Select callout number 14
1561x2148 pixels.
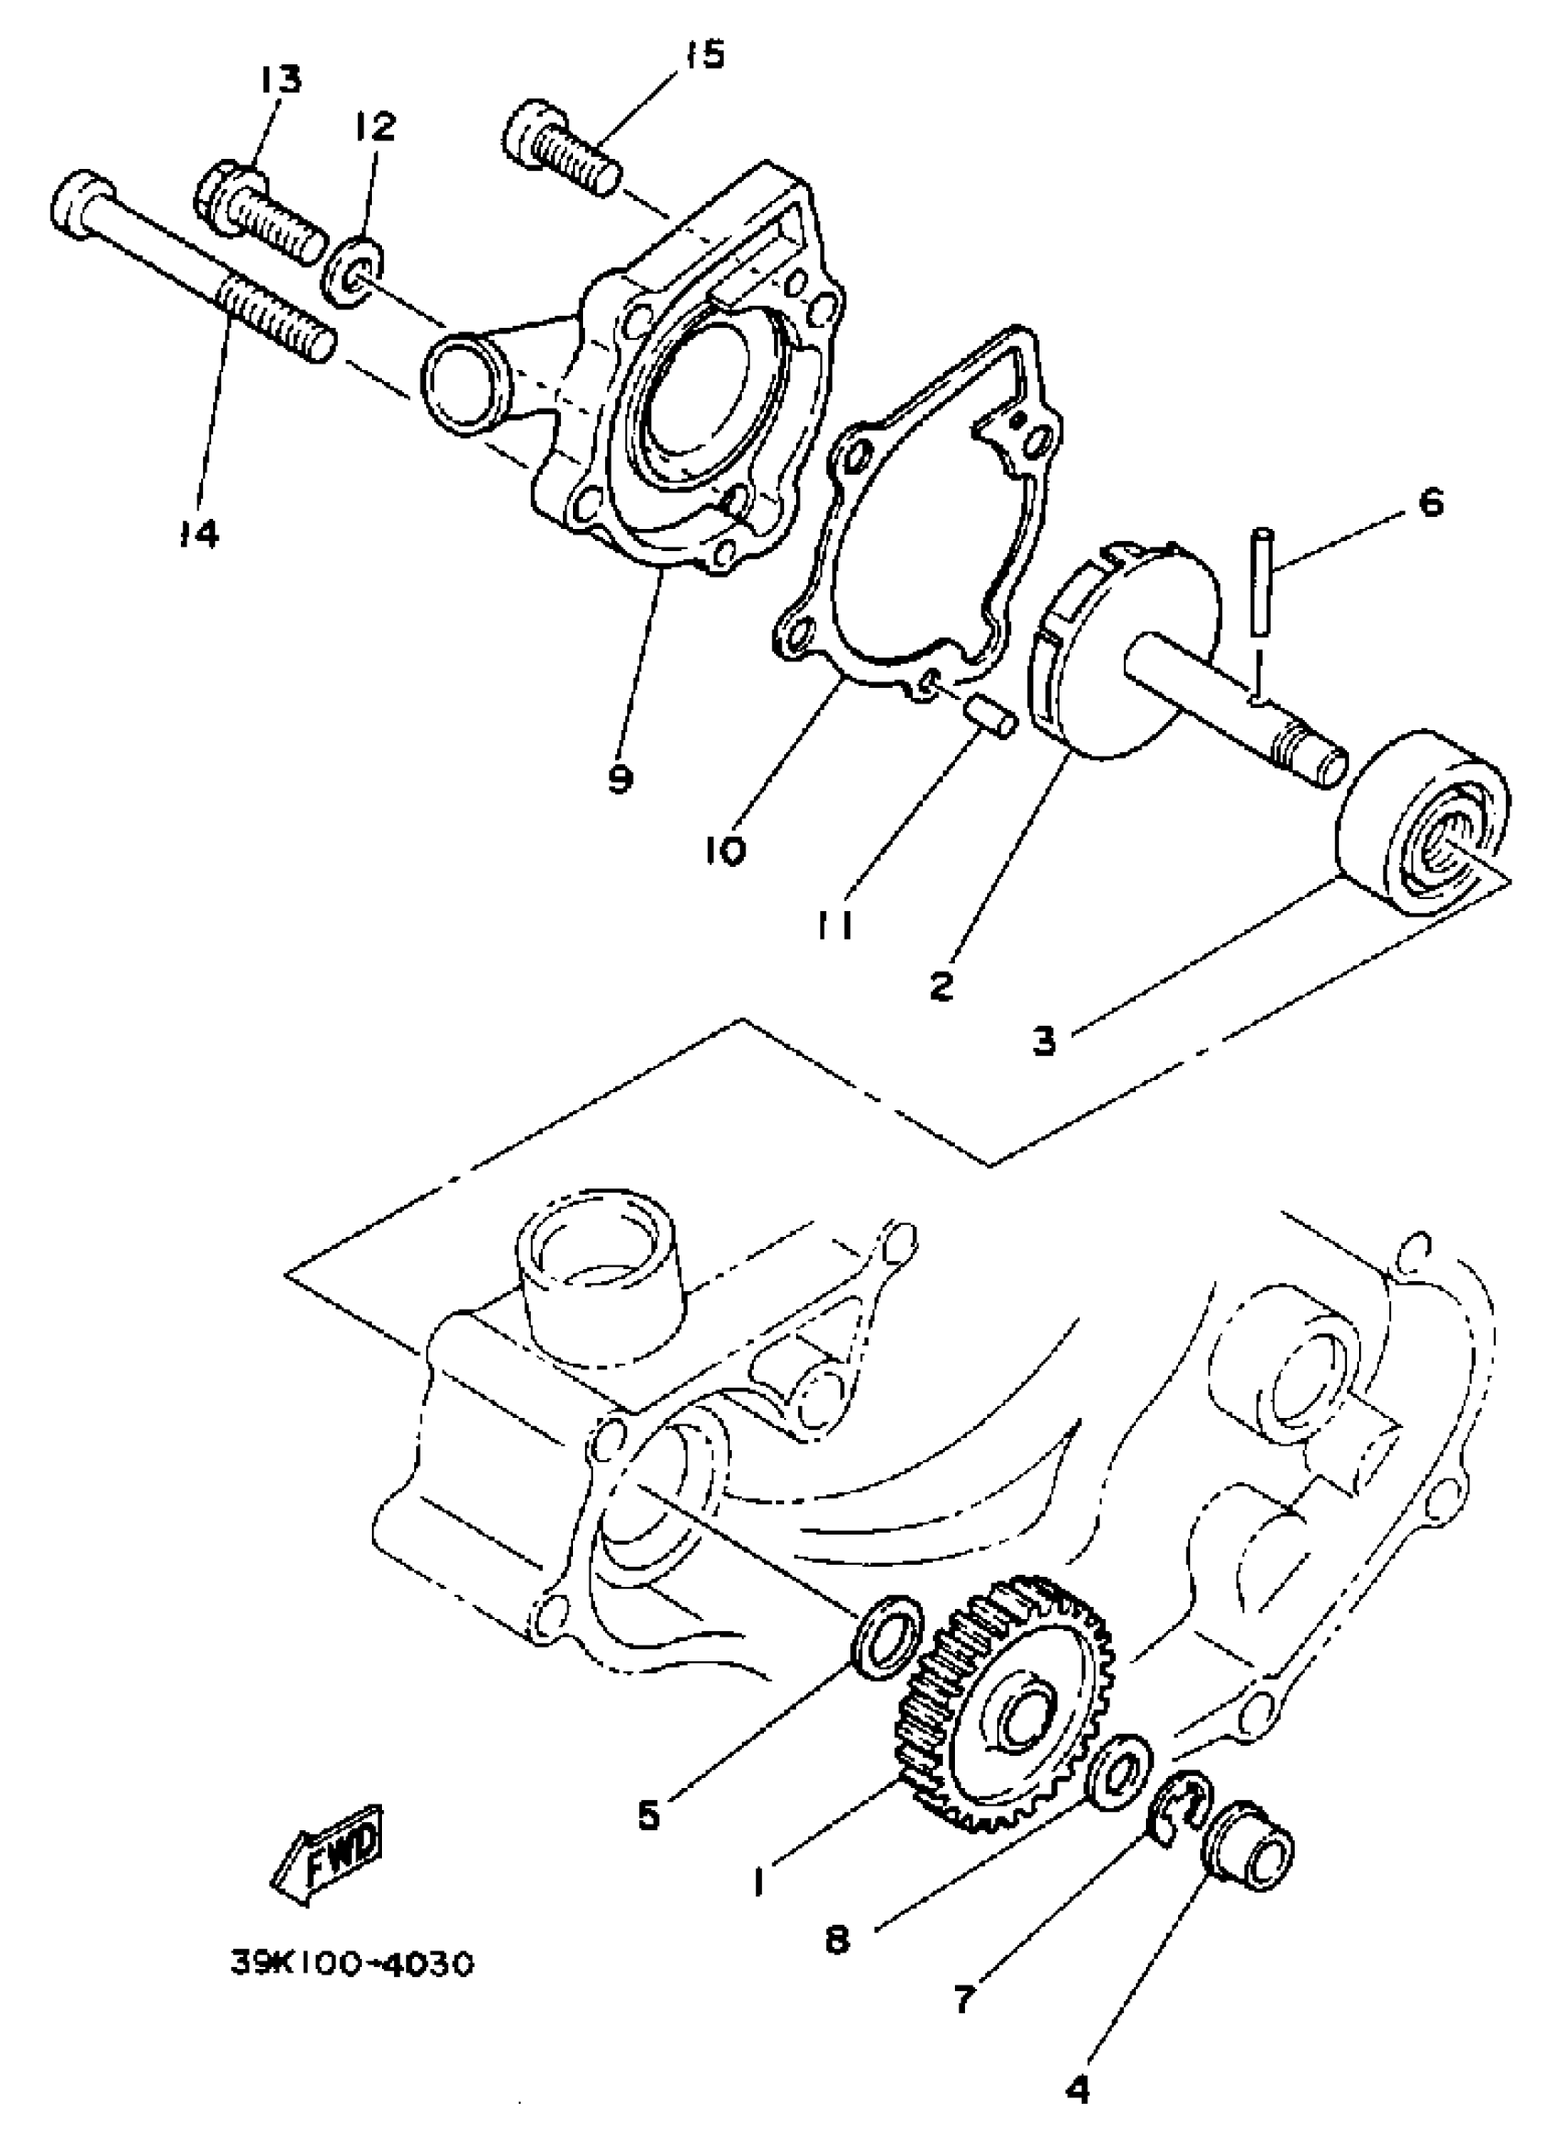point(200,534)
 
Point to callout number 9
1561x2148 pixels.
point(621,779)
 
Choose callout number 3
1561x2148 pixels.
point(1043,1040)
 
